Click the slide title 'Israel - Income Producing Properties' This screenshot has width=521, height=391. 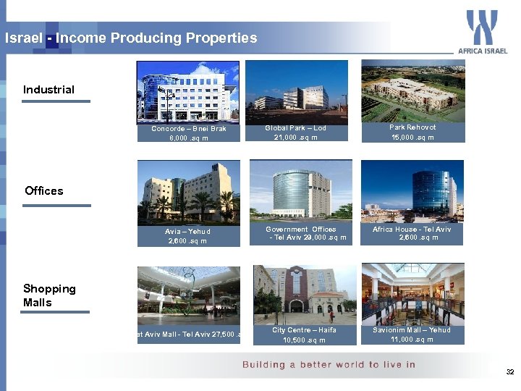coord(131,38)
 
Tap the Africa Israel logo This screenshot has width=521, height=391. coord(482,32)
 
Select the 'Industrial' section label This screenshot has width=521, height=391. coord(48,90)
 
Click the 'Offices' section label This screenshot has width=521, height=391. coord(44,191)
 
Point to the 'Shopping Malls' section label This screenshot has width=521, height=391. coord(49,295)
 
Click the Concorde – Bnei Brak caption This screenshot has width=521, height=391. coord(189,133)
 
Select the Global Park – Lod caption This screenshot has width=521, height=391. coord(295,133)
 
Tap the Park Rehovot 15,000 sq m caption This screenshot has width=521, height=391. coord(412,132)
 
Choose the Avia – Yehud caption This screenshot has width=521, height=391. coord(187,236)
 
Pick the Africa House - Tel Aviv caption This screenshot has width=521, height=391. coord(412,233)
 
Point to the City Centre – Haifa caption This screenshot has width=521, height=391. coord(304,335)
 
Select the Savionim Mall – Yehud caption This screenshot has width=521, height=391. coord(412,335)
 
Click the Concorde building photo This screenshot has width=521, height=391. coord(187,92)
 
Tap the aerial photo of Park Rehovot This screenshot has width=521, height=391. coord(412,90)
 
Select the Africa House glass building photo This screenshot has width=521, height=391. coord(412,190)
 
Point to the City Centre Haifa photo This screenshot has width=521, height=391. coord(304,293)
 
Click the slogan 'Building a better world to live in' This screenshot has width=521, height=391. coord(329,365)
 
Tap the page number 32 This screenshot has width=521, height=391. coord(509,371)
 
